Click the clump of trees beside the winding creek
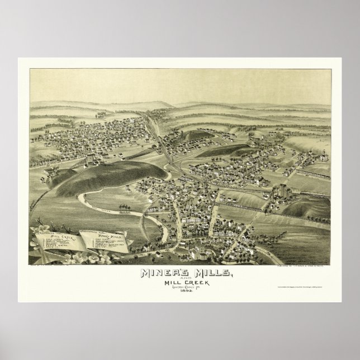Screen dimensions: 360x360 click(x=125, y=212)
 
